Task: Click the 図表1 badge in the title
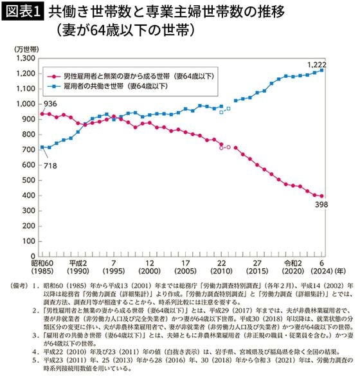(x=22, y=12)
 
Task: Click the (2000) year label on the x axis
(x=148, y=272)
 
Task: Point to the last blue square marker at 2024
(x=322, y=70)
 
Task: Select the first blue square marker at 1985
(x=42, y=147)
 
